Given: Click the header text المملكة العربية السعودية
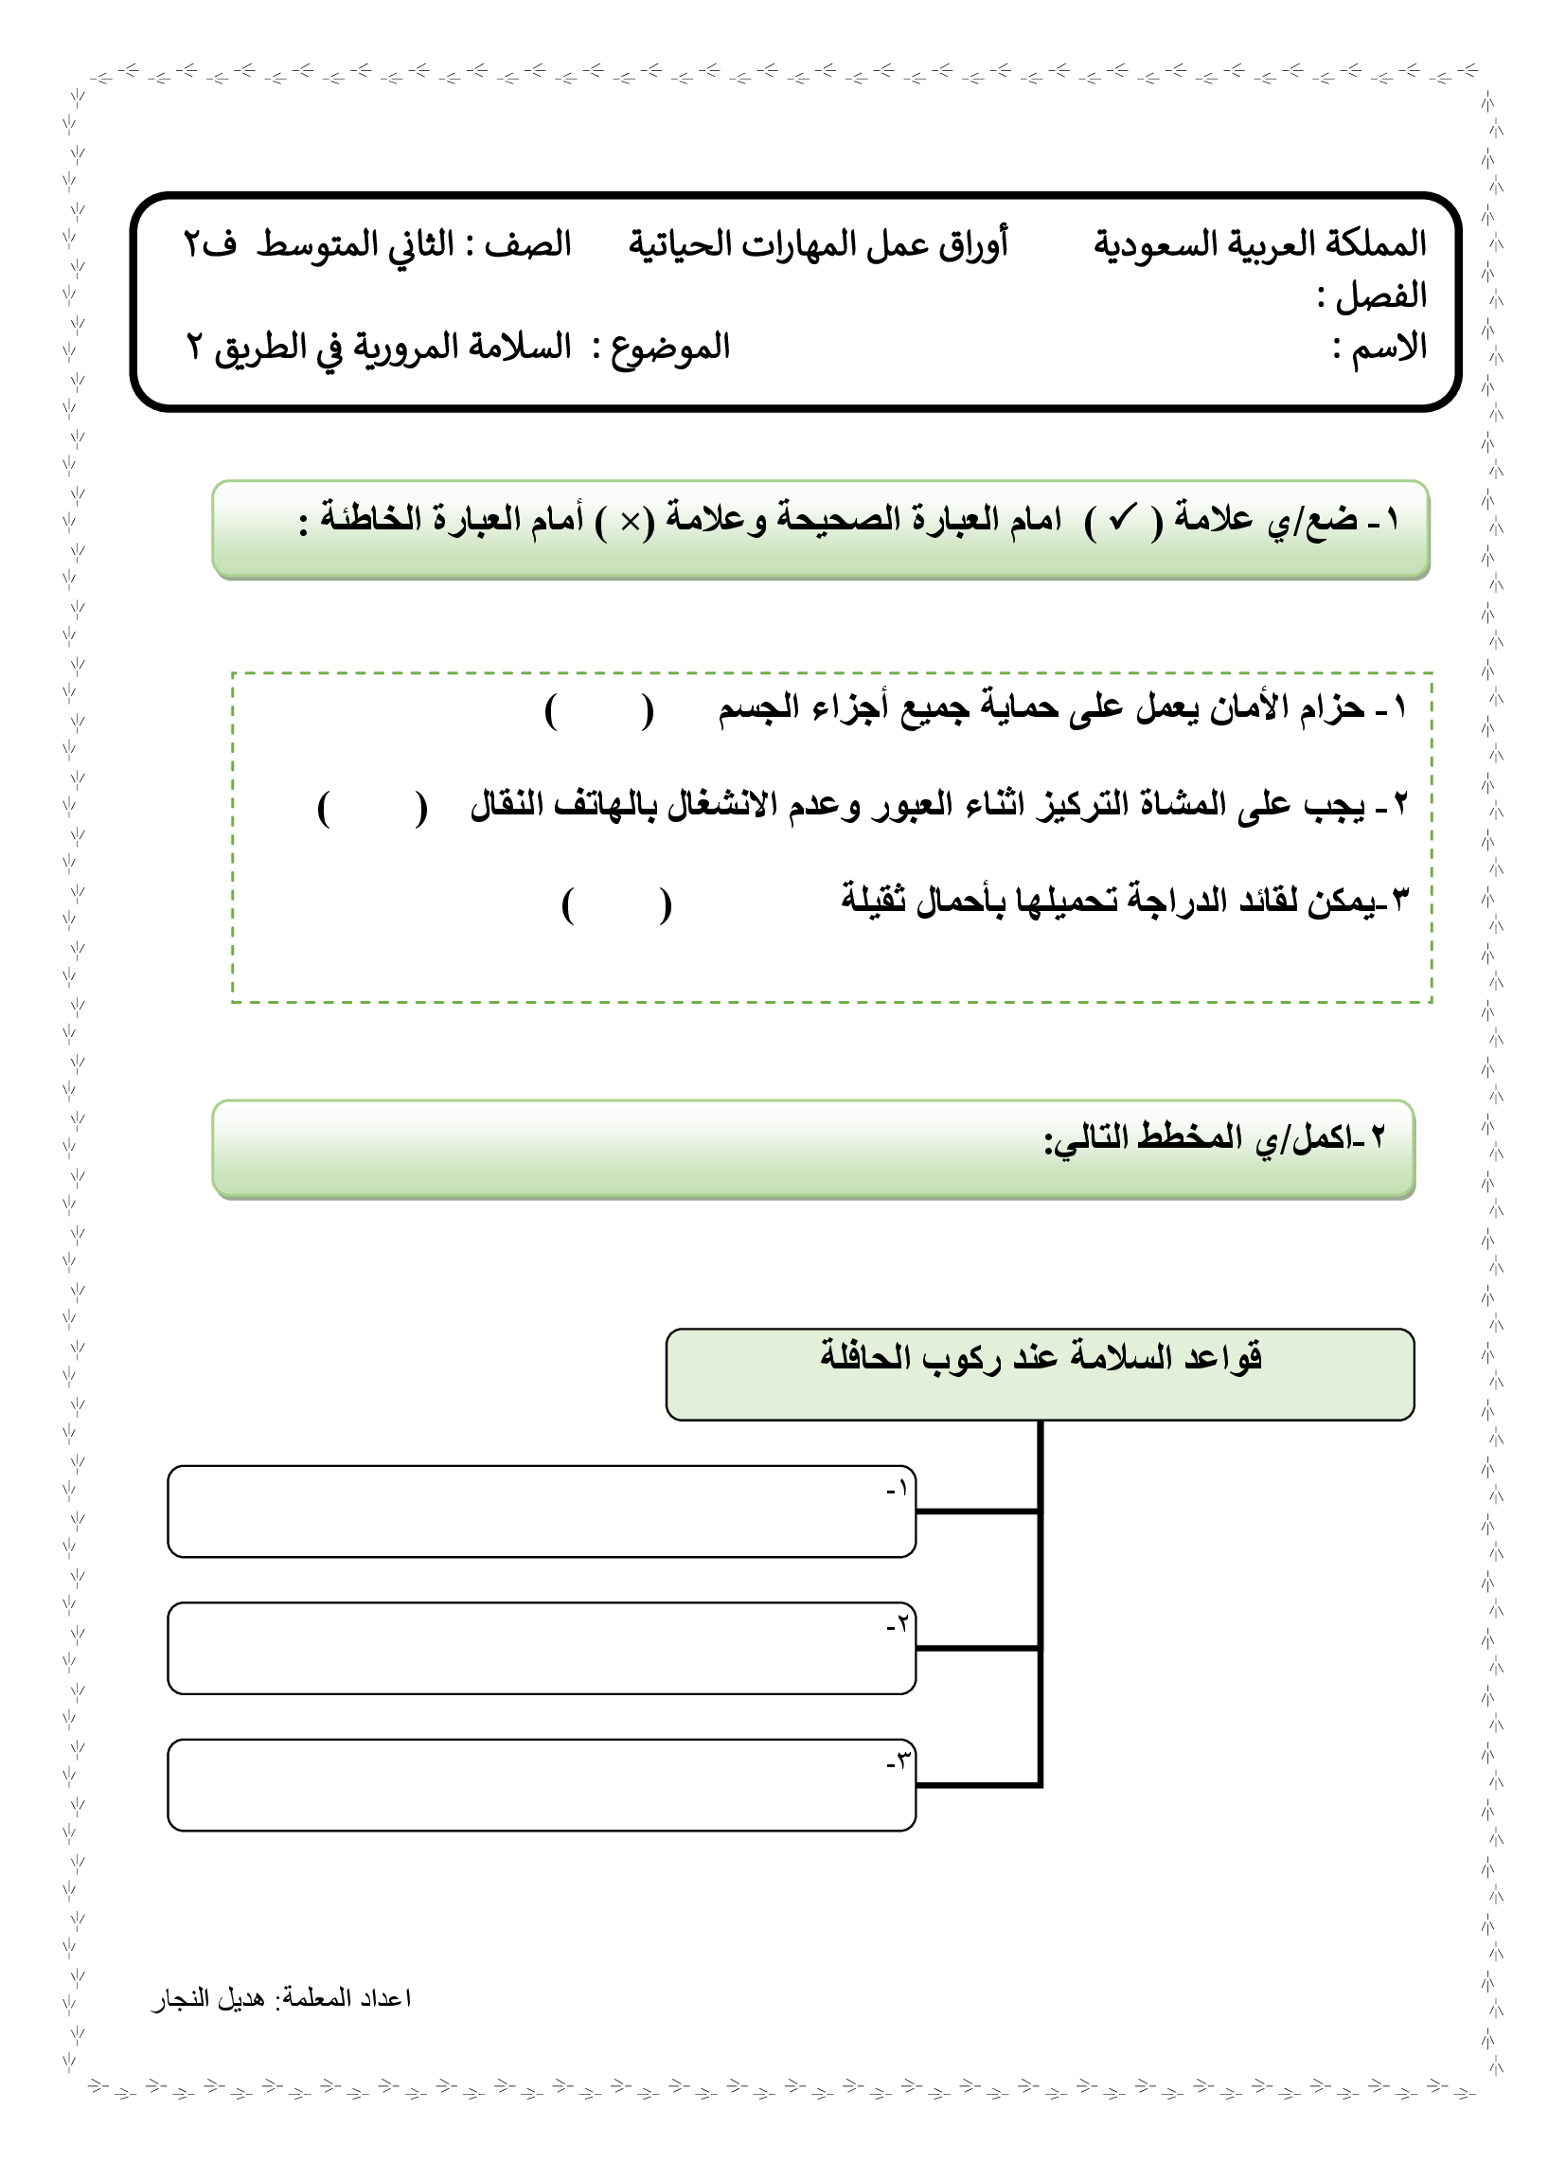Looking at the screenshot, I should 1259,245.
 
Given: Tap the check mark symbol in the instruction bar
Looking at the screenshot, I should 1122,520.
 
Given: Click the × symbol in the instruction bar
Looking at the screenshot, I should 631,522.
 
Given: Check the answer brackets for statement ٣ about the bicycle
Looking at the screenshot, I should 616,904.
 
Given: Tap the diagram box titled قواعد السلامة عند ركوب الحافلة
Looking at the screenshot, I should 1040,1374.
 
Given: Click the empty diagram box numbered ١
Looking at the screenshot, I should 541,1511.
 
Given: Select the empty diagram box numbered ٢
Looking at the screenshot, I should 541,1648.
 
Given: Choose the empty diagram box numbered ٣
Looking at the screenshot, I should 541,1785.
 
